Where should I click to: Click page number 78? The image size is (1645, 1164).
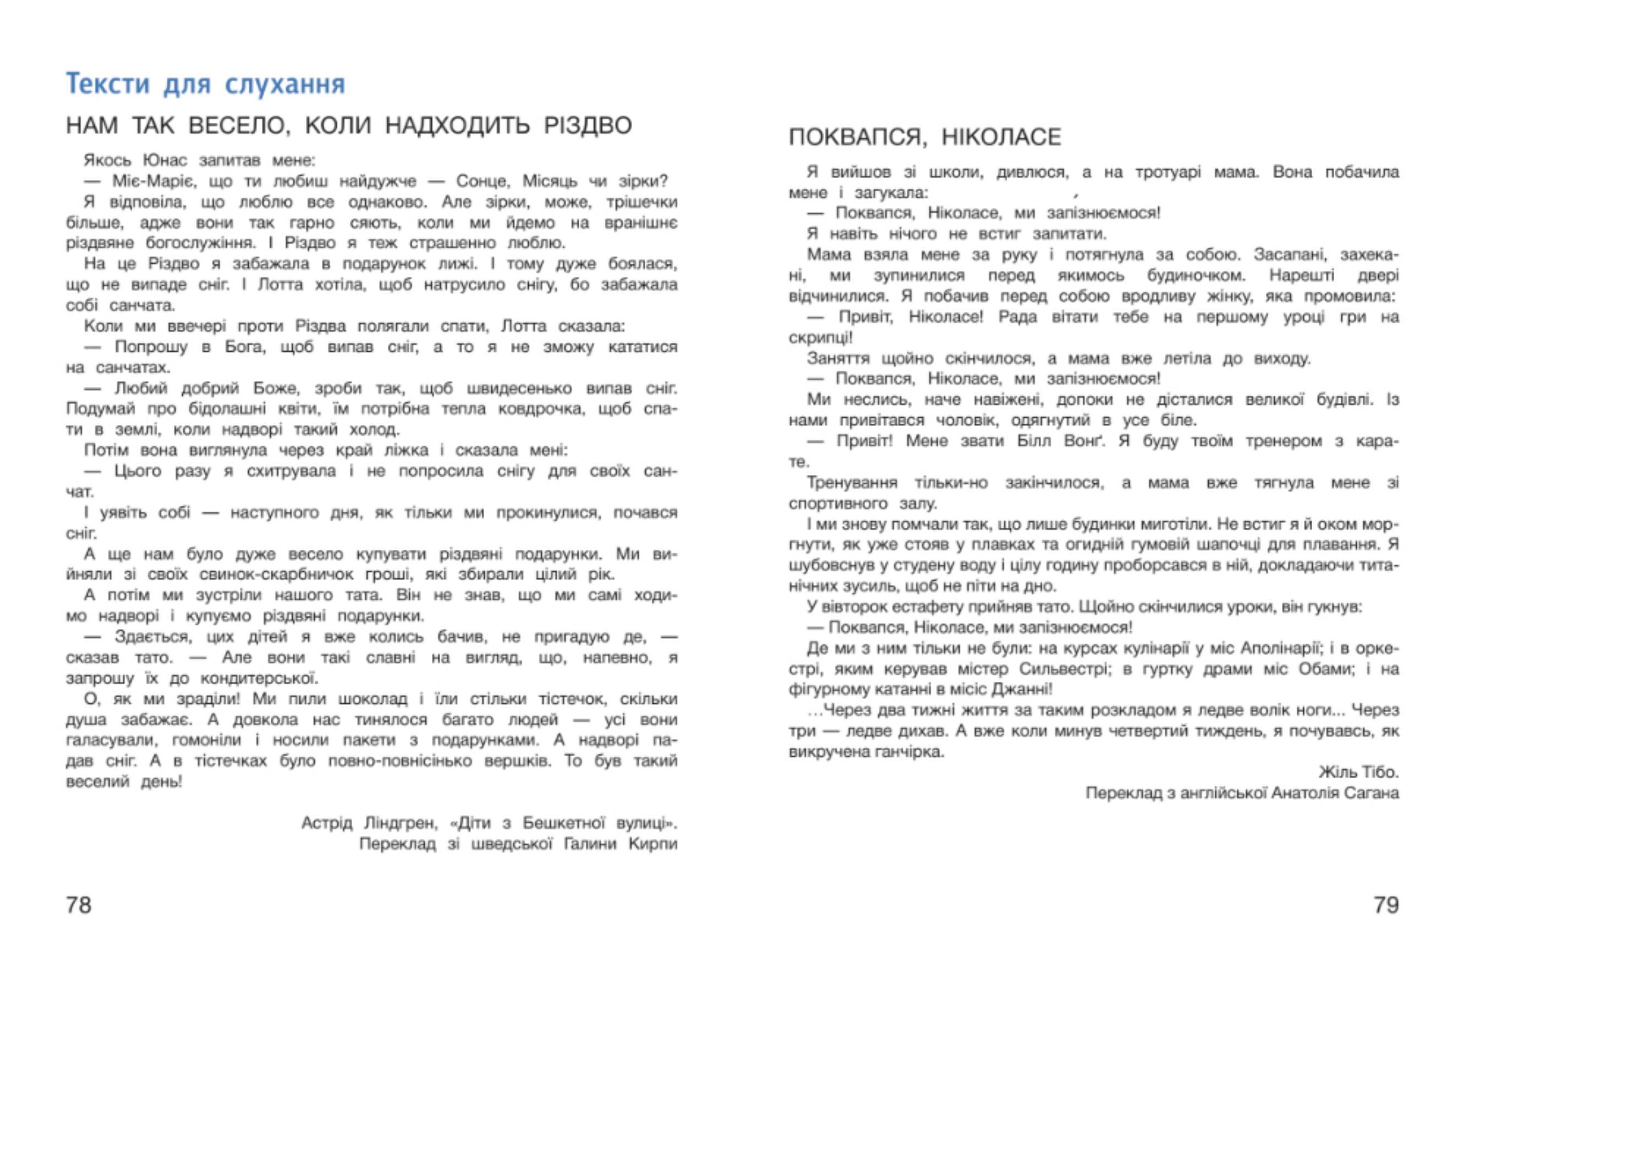(79, 905)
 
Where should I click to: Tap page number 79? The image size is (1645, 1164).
(1386, 905)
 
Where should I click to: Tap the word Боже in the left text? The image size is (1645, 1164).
(275, 389)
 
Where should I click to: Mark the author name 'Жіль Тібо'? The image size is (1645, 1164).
(1358, 773)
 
